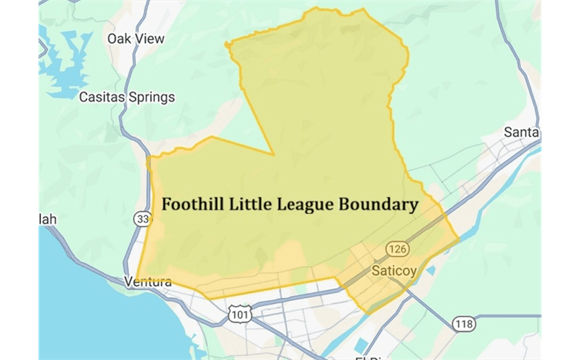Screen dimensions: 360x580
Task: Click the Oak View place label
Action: click(135, 39)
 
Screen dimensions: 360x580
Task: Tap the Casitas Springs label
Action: click(127, 97)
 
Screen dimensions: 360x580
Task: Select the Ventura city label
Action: click(148, 282)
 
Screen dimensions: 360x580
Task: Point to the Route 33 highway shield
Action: click(141, 217)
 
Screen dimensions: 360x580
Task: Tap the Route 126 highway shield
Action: click(397, 249)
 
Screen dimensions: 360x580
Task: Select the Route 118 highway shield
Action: click(465, 324)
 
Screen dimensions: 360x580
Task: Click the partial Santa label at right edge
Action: click(522, 132)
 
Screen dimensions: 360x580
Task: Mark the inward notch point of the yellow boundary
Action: click(273, 154)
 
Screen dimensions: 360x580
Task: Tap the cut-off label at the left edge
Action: click(47, 219)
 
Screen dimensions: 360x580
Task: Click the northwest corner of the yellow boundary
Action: click(228, 45)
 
